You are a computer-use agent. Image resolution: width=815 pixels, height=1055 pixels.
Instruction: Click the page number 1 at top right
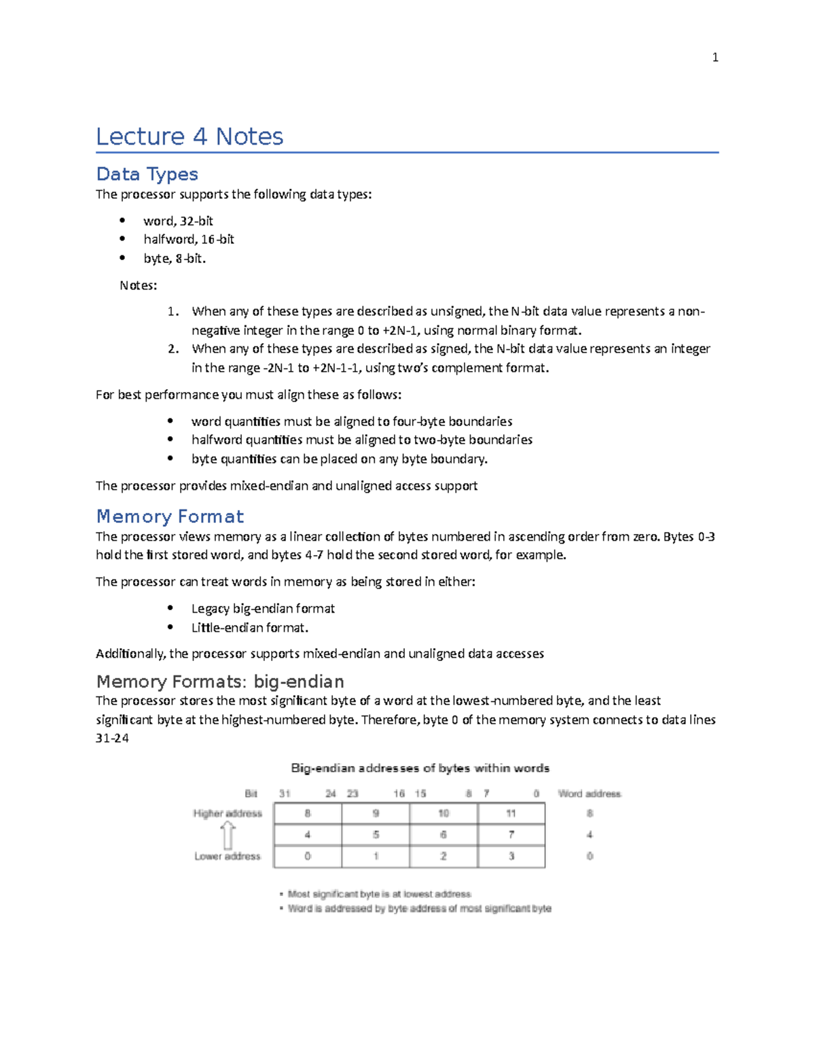pyautogui.click(x=714, y=58)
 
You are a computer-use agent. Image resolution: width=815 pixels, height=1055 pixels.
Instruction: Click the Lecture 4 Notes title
pyautogui.click(x=189, y=137)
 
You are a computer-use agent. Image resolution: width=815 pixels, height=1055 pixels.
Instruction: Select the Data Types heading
pyautogui.click(x=147, y=174)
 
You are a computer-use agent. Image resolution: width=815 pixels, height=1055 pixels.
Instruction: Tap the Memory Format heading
pyautogui.click(x=170, y=516)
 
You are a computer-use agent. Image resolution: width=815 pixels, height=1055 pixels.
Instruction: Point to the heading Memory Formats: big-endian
pyautogui.click(x=220, y=681)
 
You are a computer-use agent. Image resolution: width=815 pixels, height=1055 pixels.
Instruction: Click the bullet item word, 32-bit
pyautogui.click(x=178, y=221)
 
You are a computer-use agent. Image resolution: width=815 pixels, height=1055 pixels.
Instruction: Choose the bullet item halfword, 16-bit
pyautogui.click(x=189, y=239)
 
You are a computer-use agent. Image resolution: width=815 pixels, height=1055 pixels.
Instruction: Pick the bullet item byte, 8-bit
pyautogui.click(x=175, y=258)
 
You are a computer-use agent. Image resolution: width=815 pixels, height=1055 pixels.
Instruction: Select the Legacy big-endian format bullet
pyautogui.click(x=263, y=609)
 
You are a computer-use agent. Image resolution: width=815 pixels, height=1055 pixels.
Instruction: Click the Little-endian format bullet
pyautogui.click(x=249, y=628)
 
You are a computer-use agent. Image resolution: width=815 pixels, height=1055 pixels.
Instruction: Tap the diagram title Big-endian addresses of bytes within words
pyautogui.click(x=420, y=768)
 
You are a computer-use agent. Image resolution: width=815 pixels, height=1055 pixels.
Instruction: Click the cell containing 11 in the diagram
pyautogui.click(x=511, y=813)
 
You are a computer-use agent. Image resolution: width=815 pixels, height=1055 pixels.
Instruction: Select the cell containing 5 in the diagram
pyautogui.click(x=376, y=835)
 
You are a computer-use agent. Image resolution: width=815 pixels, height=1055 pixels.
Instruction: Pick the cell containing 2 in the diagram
pyautogui.click(x=443, y=856)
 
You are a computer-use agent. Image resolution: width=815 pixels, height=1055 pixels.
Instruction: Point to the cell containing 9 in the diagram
pyautogui.click(x=376, y=813)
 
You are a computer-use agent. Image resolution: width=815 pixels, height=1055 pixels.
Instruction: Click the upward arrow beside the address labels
pyautogui.click(x=228, y=835)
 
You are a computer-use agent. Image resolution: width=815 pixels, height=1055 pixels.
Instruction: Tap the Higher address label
pyautogui.click(x=228, y=813)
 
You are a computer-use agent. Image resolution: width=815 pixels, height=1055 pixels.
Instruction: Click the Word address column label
pyautogui.click(x=590, y=793)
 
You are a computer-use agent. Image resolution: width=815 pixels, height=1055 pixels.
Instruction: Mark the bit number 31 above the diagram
pyautogui.click(x=285, y=793)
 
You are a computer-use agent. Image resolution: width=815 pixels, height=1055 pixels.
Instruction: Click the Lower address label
pyautogui.click(x=228, y=856)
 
